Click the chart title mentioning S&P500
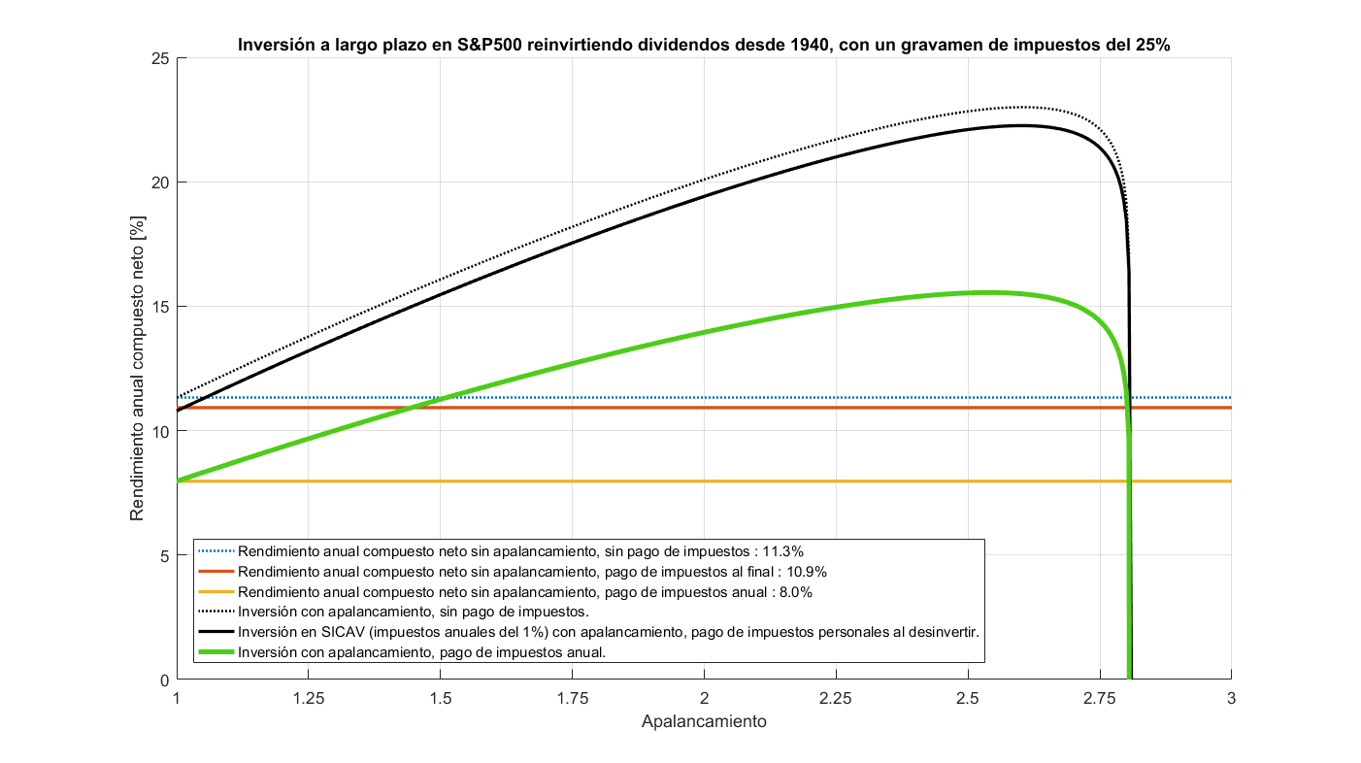704,44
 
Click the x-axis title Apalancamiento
704,722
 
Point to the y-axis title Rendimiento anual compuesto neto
138,369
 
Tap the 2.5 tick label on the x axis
968,698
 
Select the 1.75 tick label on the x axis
572,698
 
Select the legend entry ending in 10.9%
532,571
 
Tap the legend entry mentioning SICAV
608,632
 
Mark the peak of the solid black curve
1020,125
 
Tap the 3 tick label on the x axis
1232,698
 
